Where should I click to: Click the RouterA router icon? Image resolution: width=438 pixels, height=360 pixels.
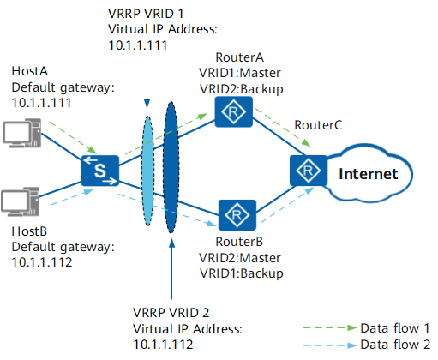pos(233,111)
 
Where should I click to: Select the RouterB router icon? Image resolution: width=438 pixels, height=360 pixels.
pos(237,215)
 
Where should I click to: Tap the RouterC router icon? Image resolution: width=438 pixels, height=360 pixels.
pos(309,171)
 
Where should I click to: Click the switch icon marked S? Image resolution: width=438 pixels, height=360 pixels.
pos(100,171)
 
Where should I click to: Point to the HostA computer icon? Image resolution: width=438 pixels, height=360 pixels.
pos(22,133)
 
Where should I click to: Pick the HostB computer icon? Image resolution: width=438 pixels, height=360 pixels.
pos(21,201)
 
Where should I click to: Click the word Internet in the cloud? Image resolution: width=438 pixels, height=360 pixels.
pos(369,174)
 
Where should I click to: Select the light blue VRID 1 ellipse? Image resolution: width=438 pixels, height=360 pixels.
pos(147,171)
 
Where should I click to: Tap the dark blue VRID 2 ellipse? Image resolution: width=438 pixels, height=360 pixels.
pos(171,167)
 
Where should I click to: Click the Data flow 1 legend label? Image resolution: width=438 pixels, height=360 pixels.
pos(395,328)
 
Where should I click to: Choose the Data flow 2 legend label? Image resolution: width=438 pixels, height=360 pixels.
pos(395,345)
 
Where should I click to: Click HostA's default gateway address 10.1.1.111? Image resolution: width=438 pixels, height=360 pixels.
pos(41,103)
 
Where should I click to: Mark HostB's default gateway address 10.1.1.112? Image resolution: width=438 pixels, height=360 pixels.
pos(42,262)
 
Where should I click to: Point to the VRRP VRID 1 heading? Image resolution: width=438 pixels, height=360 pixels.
pos(146,14)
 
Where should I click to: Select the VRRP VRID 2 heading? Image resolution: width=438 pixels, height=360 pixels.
pos(171,313)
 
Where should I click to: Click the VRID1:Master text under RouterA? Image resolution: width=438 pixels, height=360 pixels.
pos(240,73)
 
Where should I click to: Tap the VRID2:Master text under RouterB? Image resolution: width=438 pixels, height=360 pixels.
pos(240,258)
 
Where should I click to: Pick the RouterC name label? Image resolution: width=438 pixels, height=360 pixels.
pos(318,125)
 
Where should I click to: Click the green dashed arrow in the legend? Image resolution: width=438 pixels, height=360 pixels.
pos(330,328)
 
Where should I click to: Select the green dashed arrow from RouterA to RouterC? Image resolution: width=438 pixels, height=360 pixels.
pos(283,128)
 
